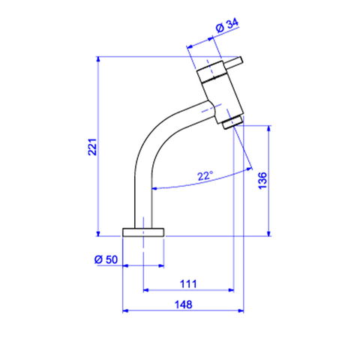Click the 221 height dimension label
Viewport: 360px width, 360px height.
pyautogui.click(x=92, y=147)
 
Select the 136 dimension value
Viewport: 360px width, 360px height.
pyautogui.click(x=262, y=181)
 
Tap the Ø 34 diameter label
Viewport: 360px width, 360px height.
pyautogui.click(x=227, y=25)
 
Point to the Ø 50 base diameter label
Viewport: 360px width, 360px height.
pyautogui.click(x=106, y=259)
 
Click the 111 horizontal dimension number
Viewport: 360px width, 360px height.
pyautogui.click(x=188, y=284)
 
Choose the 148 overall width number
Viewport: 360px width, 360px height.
pyautogui.click(x=184, y=304)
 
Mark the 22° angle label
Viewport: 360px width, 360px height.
pyautogui.click(x=205, y=176)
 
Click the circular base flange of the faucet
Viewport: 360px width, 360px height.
pyautogui.click(x=143, y=232)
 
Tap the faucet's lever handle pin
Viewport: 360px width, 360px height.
pyautogui.click(x=233, y=62)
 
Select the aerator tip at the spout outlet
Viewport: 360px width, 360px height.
pyautogui.click(x=232, y=122)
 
